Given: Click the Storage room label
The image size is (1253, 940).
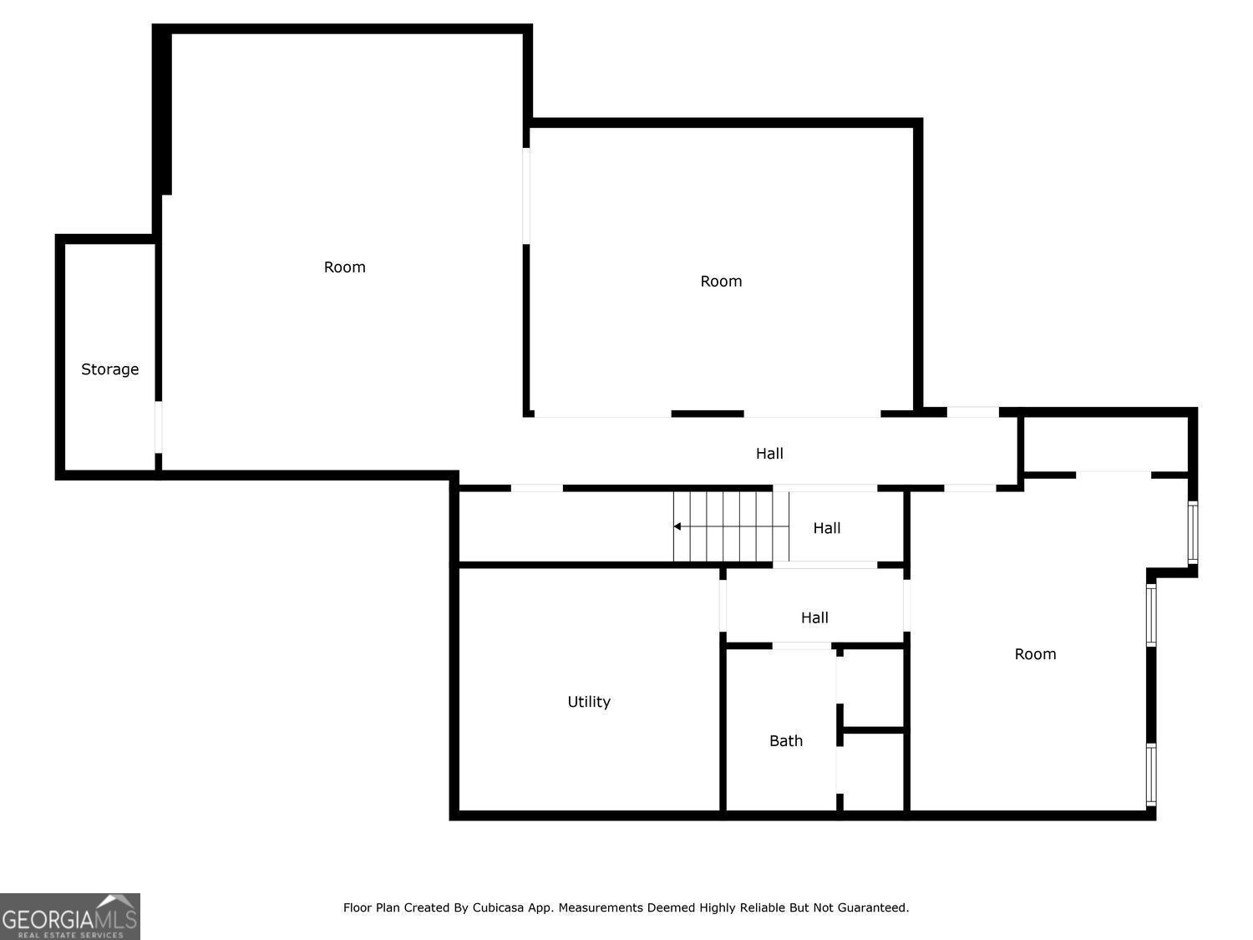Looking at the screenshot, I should click(x=109, y=369).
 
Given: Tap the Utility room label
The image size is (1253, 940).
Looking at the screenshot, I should click(x=589, y=702).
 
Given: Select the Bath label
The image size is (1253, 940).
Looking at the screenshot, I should click(x=786, y=741).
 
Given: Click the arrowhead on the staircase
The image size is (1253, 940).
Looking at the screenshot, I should click(x=677, y=526).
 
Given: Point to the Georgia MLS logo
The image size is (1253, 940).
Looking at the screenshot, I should click(x=69, y=917).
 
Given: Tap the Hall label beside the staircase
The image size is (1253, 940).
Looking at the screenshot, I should click(x=827, y=528).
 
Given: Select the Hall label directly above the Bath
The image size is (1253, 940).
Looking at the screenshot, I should click(x=814, y=617).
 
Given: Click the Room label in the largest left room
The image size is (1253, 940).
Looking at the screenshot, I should click(x=345, y=267).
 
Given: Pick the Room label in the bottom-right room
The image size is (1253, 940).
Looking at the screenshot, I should click(x=1035, y=654).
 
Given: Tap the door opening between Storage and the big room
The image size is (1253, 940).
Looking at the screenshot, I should click(x=159, y=427).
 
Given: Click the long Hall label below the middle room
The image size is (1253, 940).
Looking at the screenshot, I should click(x=769, y=454).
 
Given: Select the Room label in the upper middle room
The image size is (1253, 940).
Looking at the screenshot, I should click(x=721, y=282).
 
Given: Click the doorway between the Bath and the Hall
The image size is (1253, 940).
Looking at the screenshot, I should click(x=801, y=646).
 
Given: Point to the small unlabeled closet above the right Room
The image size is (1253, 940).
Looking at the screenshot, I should click(x=1105, y=445).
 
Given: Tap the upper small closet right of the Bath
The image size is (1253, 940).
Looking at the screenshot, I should click(x=873, y=687).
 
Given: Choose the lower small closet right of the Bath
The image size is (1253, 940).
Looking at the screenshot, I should click(x=873, y=771).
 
